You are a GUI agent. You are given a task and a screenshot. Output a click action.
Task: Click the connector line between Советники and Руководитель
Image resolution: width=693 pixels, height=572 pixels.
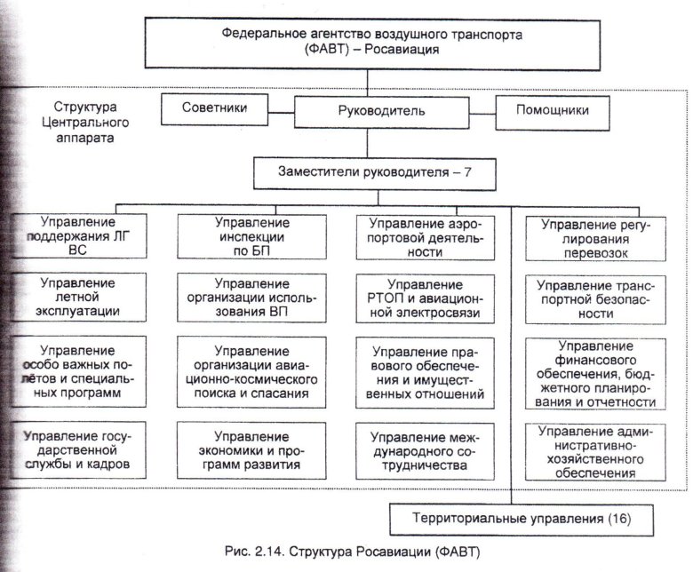282,112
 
